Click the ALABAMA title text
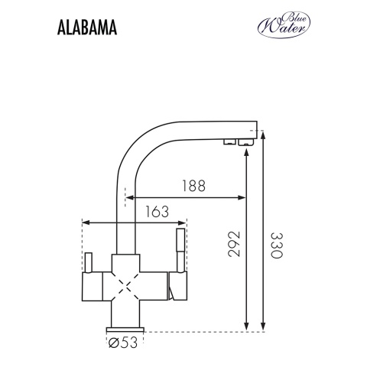tap(86, 28)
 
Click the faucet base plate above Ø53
tap(125, 328)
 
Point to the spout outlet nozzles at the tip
tap(236, 142)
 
